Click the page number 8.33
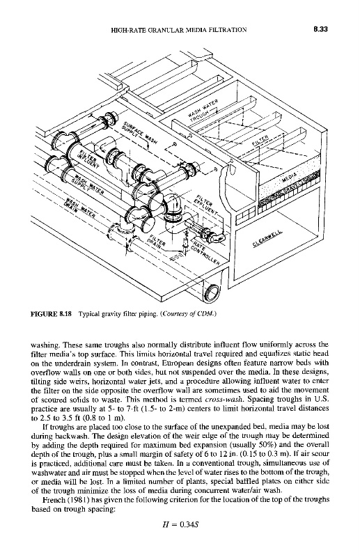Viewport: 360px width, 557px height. click(x=320, y=29)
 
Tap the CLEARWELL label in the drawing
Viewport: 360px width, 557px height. click(x=268, y=238)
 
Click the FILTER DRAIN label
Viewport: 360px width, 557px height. click(x=156, y=241)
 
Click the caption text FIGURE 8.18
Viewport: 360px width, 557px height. click(x=52, y=314)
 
